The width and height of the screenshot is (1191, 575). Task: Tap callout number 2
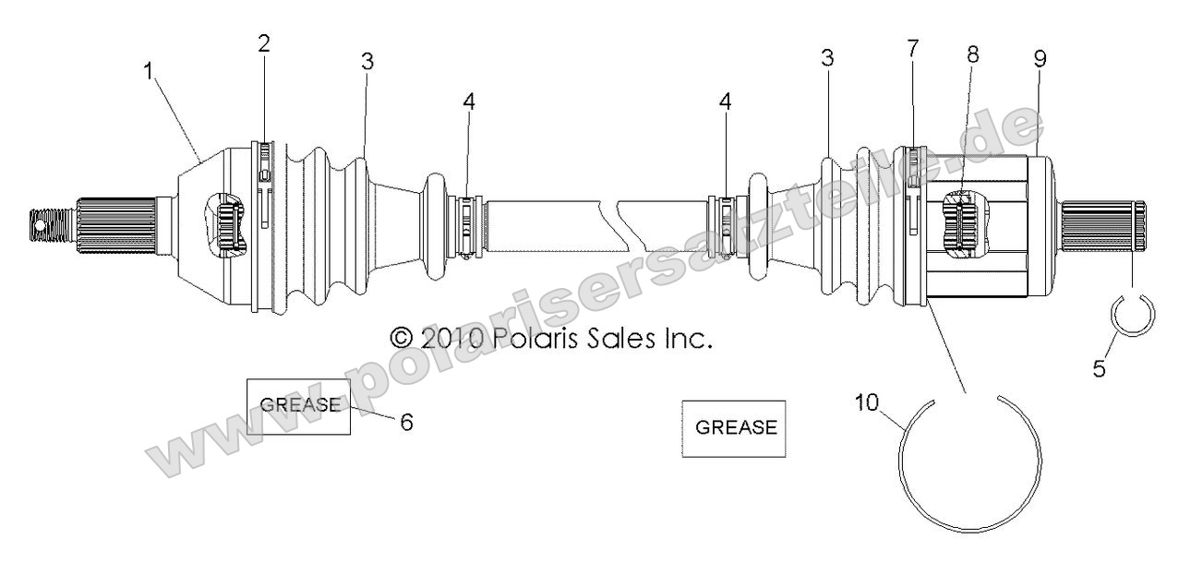click(263, 42)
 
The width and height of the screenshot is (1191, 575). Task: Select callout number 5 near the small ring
click(1098, 367)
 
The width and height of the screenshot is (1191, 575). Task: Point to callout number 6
click(405, 421)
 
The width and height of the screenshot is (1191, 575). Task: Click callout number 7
click(912, 48)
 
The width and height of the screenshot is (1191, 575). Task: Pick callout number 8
click(971, 54)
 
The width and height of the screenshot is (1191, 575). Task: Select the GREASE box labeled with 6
click(298, 406)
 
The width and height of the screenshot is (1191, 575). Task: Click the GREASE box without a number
click(734, 428)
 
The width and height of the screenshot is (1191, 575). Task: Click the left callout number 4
click(469, 102)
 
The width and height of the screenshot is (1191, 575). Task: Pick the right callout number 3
click(827, 58)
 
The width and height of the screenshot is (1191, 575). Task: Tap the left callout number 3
click(367, 62)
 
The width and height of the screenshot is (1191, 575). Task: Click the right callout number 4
click(725, 102)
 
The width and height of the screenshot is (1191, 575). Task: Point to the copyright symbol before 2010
click(403, 339)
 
